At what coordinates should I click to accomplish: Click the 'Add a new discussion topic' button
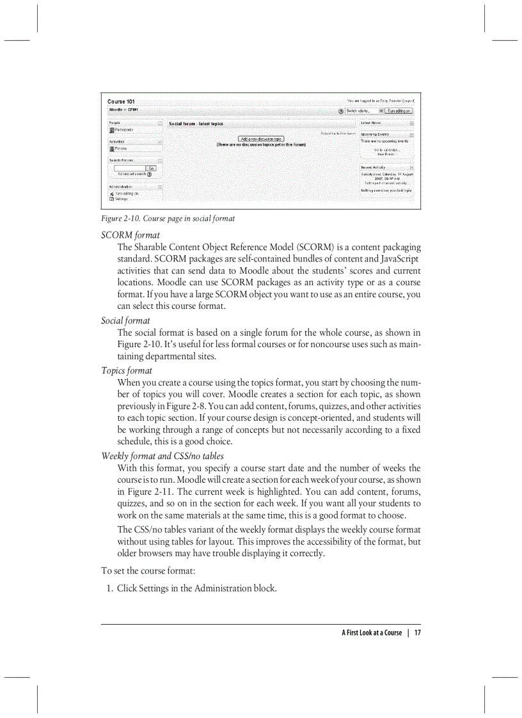[x=261, y=139]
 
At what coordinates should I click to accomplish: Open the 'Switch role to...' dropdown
[x=364, y=111]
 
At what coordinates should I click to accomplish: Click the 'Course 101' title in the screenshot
[x=121, y=102]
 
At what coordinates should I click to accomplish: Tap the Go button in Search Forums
[x=152, y=168]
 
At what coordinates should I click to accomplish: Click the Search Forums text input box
[x=130, y=168]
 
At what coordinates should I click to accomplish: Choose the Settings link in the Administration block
[x=121, y=199]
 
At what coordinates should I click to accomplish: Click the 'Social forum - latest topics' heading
[x=196, y=123]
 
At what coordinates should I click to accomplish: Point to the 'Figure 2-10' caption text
[x=168, y=219]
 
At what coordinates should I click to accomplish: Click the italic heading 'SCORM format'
[x=130, y=235]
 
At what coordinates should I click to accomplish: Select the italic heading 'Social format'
[x=126, y=320]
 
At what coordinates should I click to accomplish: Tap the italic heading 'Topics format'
[x=127, y=370]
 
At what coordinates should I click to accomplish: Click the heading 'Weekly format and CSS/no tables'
[x=162, y=456]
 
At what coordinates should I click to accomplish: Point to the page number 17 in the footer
[x=417, y=633]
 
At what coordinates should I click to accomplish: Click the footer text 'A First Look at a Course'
[x=372, y=633]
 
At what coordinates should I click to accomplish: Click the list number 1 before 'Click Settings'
[x=109, y=588]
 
